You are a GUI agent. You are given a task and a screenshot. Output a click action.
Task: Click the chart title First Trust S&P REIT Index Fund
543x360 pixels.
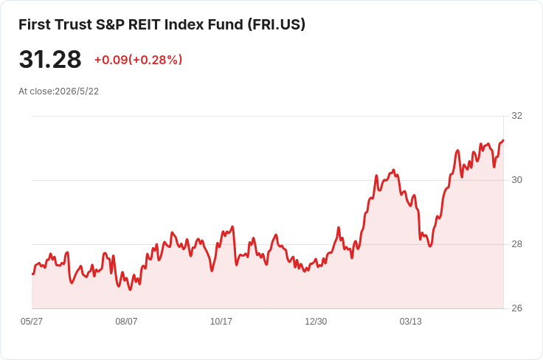click(131, 24)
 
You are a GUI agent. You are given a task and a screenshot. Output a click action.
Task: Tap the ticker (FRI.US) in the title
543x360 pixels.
click(277, 24)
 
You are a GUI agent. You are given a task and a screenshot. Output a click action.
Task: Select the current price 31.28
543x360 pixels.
click(50, 59)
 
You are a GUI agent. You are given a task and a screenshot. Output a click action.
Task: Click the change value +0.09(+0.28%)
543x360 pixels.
click(138, 60)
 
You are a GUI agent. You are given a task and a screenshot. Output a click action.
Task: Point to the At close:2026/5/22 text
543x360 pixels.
click(58, 91)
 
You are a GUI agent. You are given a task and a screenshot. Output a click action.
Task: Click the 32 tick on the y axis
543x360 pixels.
click(516, 116)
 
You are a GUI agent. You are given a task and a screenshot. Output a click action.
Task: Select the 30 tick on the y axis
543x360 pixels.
click(516, 180)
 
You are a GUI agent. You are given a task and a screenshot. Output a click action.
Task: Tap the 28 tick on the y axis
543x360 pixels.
click(516, 244)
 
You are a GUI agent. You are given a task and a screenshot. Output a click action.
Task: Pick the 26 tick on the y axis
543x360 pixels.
click(516, 308)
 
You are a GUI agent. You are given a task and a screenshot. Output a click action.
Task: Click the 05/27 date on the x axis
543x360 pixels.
click(32, 321)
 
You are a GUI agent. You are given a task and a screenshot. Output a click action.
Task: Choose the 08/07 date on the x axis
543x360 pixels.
click(126, 321)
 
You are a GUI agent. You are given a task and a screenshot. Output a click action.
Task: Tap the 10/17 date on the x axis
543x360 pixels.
click(221, 321)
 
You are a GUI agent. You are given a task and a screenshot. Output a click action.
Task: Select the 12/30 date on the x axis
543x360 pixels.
click(316, 321)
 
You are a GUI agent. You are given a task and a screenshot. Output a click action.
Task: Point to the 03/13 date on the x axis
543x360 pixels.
click(411, 321)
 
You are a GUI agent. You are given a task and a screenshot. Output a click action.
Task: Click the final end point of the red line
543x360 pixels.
click(503, 140)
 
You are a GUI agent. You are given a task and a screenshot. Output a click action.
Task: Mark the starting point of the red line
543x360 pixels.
click(32, 274)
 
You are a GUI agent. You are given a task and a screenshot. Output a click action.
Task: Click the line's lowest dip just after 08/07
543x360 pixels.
click(130, 290)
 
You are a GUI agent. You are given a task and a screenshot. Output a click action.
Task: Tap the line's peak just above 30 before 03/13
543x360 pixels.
click(393, 170)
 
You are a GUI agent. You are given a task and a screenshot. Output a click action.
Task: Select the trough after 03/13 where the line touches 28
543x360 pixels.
click(430, 246)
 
